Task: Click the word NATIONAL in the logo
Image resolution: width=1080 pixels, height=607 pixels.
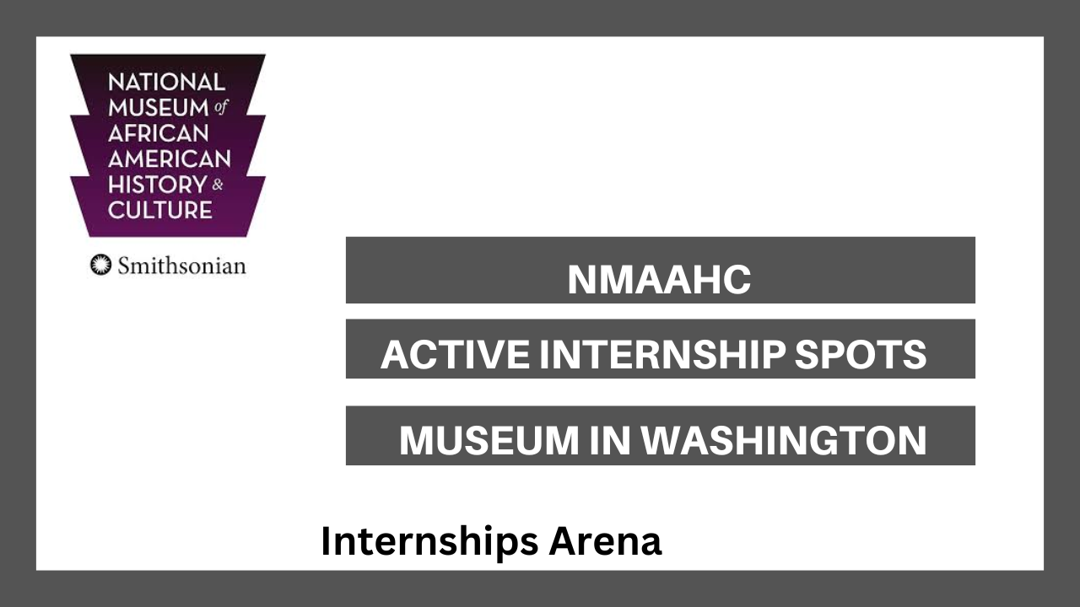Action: [167, 83]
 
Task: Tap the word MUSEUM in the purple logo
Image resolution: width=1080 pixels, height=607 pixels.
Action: [159, 108]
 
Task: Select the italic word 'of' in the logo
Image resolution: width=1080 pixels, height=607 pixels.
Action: [220, 107]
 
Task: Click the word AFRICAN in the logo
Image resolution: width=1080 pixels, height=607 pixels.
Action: [159, 133]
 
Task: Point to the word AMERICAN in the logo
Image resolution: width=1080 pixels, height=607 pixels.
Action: [170, 159]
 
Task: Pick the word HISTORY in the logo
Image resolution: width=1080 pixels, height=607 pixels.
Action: [158, 185]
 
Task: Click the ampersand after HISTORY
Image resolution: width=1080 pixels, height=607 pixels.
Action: [218, 185]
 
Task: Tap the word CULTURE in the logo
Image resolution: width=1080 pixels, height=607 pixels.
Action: [160, 210]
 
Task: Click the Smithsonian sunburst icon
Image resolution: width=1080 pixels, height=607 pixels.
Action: [100, 265]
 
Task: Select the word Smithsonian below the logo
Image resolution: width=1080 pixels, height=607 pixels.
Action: [181, 266]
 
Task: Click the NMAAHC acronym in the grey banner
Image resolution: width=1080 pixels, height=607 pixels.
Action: [659, 279]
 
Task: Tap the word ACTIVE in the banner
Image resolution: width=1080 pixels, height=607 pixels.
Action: [455, 355]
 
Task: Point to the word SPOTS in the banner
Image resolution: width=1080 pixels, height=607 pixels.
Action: [861, 355]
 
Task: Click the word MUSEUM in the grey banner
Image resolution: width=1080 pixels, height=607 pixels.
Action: [489, 440]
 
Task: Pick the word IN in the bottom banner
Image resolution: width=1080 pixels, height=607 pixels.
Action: [610, 440]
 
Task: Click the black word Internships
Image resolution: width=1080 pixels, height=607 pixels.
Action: [429, 542]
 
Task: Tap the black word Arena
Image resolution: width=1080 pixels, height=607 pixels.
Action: [605, 541]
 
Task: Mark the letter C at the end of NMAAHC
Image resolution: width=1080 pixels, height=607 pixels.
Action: [737, 279]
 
